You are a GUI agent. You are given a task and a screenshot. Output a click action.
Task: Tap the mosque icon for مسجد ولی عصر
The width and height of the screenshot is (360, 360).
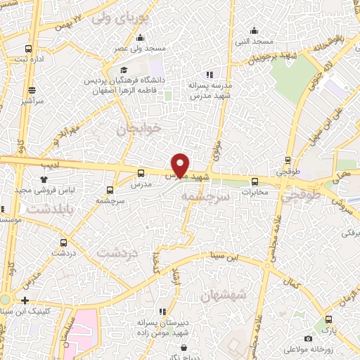coord(141,38)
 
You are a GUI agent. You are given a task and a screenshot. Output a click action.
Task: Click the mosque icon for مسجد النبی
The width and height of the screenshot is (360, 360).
coord(255,31)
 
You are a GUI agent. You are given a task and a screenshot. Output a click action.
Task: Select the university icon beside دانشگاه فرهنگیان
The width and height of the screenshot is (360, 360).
coord(124,70)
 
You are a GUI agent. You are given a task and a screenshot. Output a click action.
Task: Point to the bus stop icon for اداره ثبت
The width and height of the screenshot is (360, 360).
coord(28,49)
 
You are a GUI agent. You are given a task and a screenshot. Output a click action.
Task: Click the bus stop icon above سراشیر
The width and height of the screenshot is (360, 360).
coord(32,90)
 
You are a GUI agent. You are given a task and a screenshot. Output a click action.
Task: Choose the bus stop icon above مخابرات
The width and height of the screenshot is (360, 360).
coord(255,180)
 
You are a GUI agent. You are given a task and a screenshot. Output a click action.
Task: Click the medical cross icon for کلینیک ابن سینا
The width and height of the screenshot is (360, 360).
coord(25,300)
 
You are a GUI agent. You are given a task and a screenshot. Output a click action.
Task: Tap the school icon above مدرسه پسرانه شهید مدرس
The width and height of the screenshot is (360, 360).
coord(209,75)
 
